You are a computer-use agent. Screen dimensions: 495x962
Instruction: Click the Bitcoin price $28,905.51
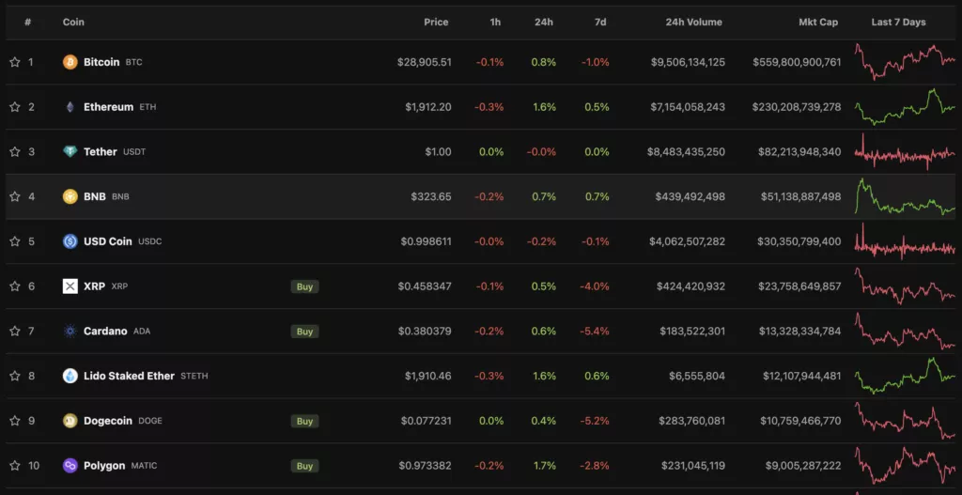[x=424, y=62]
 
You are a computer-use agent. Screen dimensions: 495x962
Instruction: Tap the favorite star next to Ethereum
[x=15, y=107]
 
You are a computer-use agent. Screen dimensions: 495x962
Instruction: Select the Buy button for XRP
[x=304, y=286]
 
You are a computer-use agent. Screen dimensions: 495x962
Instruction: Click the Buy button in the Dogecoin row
[x=304, y=421]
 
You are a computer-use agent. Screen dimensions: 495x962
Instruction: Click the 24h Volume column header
[x=693, y=23]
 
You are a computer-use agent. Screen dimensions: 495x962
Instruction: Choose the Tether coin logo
[x=70, y=152]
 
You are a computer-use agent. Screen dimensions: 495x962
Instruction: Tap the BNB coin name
[x=95, y=197]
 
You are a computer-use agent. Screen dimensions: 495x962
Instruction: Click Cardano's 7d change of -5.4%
[x=596, y=332]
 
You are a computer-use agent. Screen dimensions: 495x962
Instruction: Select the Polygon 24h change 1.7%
[x=543, y=466]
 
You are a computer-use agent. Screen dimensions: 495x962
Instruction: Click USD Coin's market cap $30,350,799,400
[x=796, y=241]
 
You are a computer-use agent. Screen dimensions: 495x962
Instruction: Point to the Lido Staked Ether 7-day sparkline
[x=905, y=376]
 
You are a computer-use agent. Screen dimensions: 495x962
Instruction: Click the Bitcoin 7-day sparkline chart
[x=905, y=62]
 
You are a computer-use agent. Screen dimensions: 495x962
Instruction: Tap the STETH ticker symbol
[x=194, y=377]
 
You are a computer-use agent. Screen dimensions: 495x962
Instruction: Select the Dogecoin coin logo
[x=70, y=421]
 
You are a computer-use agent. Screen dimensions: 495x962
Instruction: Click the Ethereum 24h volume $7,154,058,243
[x=675, y=107]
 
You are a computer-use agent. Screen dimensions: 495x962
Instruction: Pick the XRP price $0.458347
[x=424, y=286]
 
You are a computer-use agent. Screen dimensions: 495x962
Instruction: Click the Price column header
[x=436, y=23]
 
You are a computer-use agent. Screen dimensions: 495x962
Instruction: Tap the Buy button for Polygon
[x=304, y=466]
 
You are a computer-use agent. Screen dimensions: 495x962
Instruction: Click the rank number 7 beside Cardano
[x=31, y=332]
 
